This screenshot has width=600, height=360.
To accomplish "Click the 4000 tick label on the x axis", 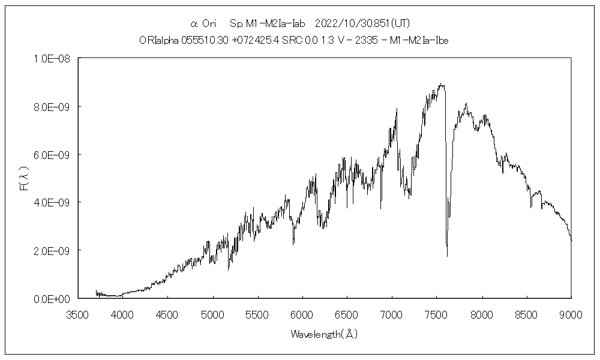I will point(122,314).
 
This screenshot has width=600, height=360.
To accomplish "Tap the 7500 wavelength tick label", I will point(436,314).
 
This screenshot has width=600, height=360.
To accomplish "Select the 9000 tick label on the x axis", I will point(571,314).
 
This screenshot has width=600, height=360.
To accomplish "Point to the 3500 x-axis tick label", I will point(77,314).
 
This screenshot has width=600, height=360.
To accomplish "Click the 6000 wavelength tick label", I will point(302,314).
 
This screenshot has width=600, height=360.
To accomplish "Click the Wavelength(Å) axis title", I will point(324,334).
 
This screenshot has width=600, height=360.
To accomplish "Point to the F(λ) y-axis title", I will point(25,178).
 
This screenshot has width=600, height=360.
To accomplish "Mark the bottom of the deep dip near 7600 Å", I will point(447,256).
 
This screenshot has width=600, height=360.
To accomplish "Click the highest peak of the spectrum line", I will point(441,83).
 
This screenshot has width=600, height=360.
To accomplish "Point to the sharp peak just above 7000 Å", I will point(397,109).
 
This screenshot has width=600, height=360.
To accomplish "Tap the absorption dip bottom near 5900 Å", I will point(293,244).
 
